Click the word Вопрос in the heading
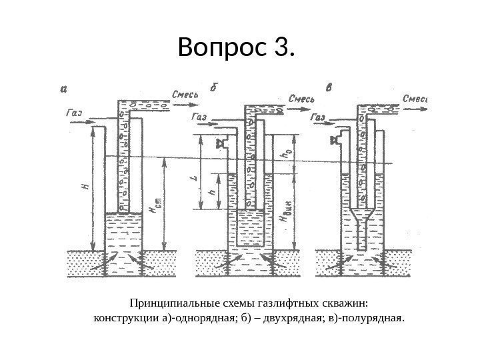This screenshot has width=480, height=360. pos(221,49)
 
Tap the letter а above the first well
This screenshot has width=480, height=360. pos(63,87)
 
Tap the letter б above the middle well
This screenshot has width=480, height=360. pos(213,87)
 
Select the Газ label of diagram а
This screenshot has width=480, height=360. pos(74,113)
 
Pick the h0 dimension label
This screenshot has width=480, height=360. pos(287,152)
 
